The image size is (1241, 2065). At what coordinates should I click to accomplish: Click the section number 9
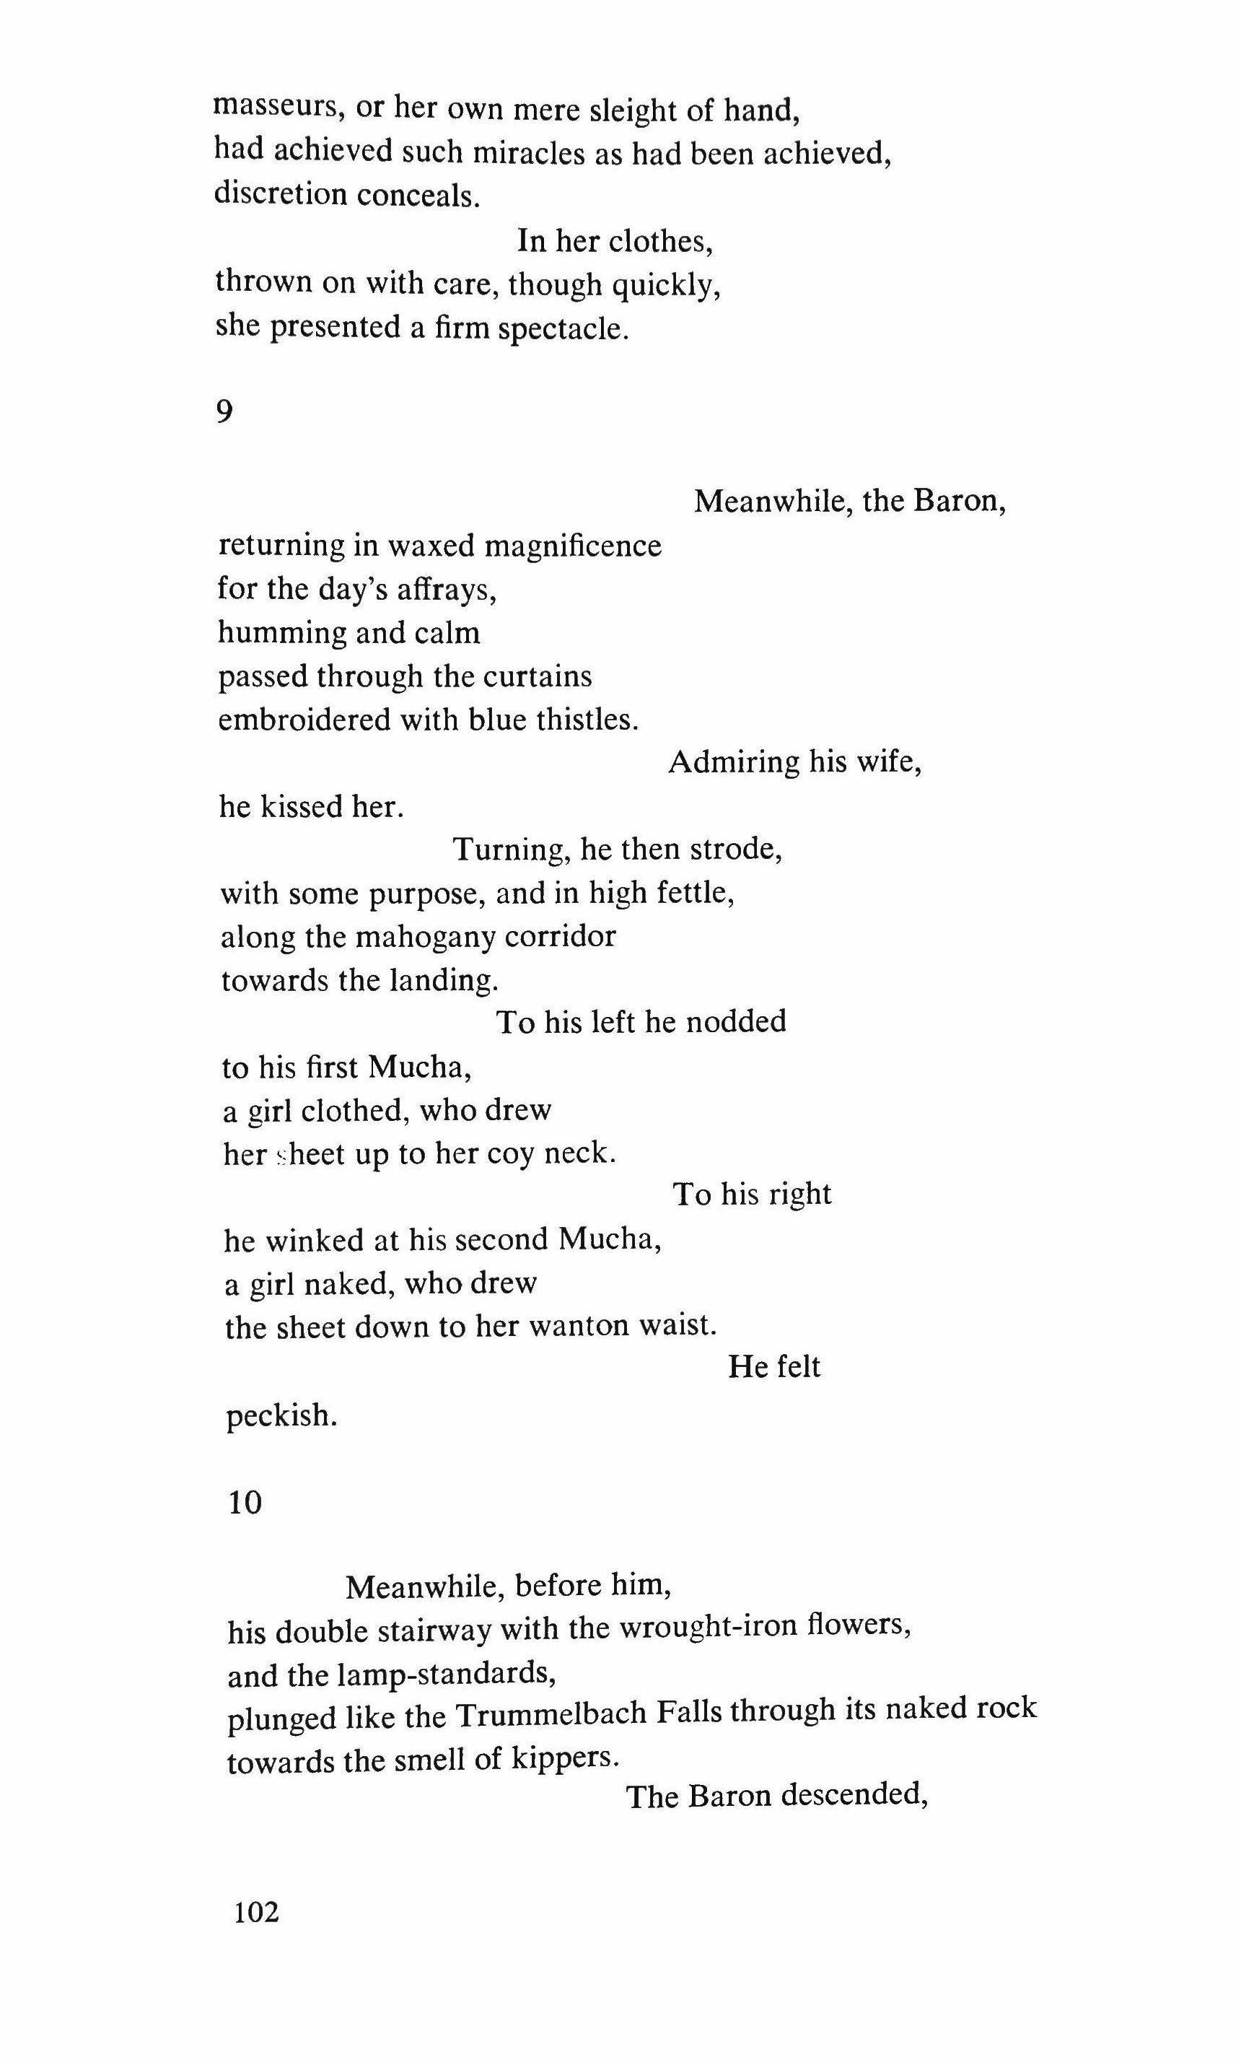coord(224,411)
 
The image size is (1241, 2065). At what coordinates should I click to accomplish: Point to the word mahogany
coord(426,937)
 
